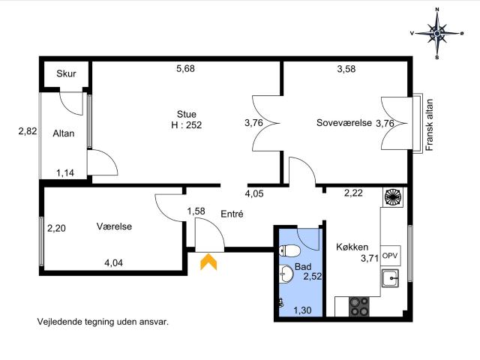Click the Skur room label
66,73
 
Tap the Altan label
63,133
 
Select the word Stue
187,114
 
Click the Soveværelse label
344,123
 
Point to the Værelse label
114,226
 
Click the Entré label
232,214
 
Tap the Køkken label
352,247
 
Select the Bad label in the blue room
303,266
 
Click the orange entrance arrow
208,262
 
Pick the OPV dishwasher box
391,255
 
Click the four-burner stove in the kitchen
359,307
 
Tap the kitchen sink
390,278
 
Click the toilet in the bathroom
289,251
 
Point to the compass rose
437,33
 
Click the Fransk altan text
430,124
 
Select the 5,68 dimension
185,68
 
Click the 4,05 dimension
254,193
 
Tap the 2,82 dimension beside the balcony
28,131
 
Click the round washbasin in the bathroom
286,273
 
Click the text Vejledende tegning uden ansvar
103,322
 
